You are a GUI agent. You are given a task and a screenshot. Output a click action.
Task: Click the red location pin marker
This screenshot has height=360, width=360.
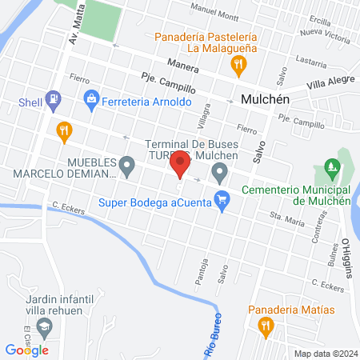pos(180,166)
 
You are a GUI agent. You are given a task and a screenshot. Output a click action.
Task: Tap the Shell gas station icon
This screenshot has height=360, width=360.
pos(53,100)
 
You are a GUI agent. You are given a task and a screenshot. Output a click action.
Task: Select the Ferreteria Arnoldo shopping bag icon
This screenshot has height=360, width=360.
pos(90,99)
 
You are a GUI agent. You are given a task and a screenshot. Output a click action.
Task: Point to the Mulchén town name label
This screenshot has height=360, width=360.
pos(264,100)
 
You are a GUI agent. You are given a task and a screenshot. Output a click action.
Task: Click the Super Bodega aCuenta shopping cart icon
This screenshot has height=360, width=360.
pos(224,203)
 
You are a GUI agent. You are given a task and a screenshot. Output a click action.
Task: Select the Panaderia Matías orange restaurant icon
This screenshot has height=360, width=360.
pos(264,326)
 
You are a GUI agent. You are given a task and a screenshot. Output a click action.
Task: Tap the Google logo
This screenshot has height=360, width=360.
pos(26,350)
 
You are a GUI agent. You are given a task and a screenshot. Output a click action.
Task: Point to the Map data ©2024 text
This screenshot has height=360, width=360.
pos(324,353)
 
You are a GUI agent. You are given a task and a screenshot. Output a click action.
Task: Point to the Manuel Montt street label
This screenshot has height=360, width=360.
pos(215,14)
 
